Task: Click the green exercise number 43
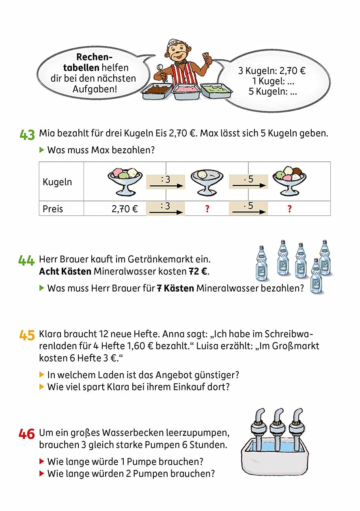click(27, 134)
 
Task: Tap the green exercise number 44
click(27, 260)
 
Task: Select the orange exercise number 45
click(27, 335)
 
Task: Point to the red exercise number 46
click(27, 434)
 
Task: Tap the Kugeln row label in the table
click(57, 182)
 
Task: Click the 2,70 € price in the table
click(125, 209)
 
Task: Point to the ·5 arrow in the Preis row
click(248, 208)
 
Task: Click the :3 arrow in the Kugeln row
click(165, 182)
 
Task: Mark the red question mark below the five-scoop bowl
click(289, 209)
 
